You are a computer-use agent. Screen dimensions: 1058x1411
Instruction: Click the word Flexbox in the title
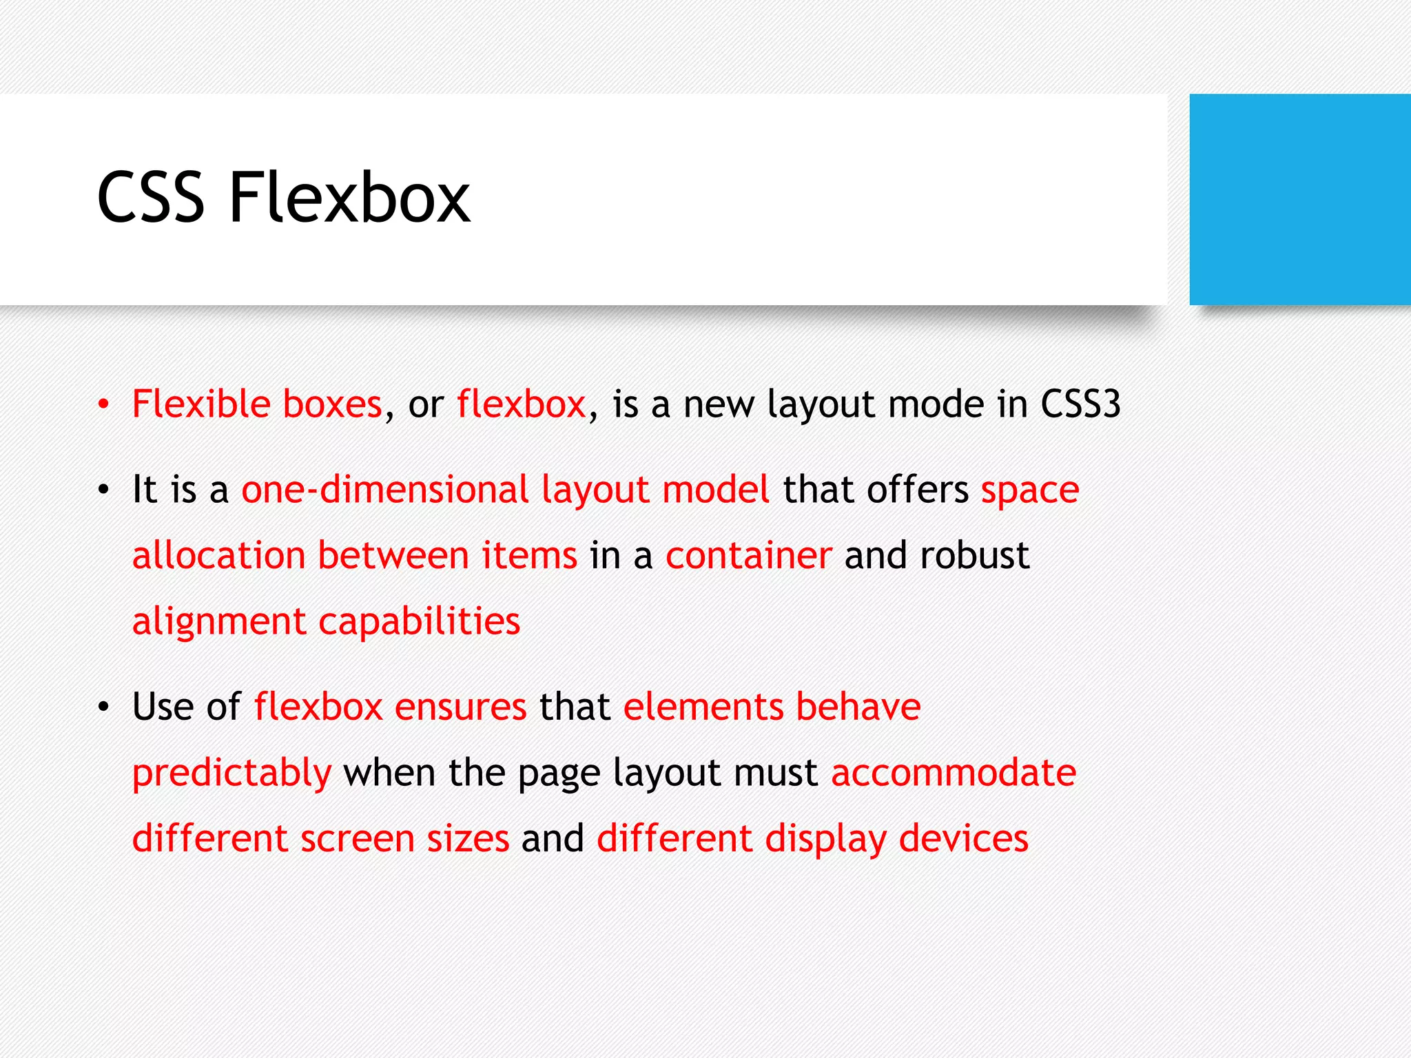(349, 198)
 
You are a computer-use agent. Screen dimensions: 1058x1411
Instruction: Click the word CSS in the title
(151, 198)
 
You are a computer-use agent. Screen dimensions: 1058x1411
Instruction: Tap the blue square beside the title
(1299, 199)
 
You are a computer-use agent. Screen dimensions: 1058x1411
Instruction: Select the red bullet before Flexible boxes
(103, 404)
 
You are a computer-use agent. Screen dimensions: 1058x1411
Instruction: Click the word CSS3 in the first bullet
(1080, 404)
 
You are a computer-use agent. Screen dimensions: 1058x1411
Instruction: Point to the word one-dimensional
(384, 490)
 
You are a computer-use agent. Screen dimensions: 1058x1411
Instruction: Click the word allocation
(218, 555)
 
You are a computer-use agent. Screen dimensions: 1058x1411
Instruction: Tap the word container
(748, 555)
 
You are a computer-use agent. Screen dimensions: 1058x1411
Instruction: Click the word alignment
(218, 623)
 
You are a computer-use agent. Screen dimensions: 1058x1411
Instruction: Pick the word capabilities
(419, 623)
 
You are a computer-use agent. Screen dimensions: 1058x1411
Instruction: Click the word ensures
(460, 707)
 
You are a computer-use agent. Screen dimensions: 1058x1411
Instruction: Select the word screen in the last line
(357, 839)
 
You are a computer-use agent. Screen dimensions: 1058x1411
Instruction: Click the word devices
(963, 839)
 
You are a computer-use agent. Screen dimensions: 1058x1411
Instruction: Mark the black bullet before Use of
(103, 707)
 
